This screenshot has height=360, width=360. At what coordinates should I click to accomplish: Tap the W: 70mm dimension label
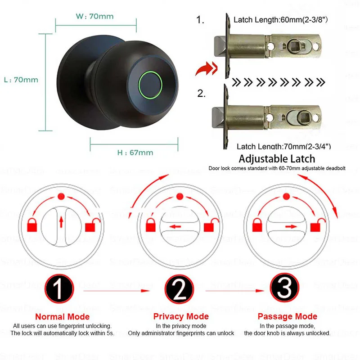pyautogui.click(x=95, y=17)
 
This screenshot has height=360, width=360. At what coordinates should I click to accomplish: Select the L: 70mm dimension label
pyautogui.click(x=21, y=80)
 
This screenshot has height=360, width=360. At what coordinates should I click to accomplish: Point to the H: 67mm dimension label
pyautogui.click(x=135, y=152)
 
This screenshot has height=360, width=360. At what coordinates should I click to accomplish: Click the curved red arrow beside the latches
pyautogui.click(x=205, y=70)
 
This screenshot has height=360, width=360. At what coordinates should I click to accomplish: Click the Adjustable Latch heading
pyautogui.click(x=277, y=158)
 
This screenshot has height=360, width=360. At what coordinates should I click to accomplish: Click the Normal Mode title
pyautogui.click(x=62, y=316)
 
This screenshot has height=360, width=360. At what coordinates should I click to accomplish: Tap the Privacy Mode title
pyautogui.click(x=181, y=316)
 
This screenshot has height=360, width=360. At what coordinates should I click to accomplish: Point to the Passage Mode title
pyautogui.click(x=287, y=316)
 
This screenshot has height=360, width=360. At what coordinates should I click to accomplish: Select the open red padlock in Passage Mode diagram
pyautogui.click(x=321, y=224)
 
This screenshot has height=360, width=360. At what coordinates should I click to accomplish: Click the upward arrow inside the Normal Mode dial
pyautogui.click(x=62, y=220)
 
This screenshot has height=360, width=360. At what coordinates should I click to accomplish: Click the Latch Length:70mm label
pyautogui.click(x=283, y=146)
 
